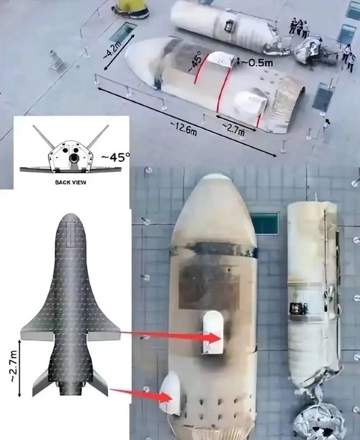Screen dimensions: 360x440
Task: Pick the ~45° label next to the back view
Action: [x=115, y=157]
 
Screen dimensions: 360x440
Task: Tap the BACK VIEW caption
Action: [x=71, y=182]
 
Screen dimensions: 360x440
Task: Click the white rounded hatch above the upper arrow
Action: [x=213, y=332]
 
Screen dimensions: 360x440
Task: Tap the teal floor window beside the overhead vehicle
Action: [x=264, y=223]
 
